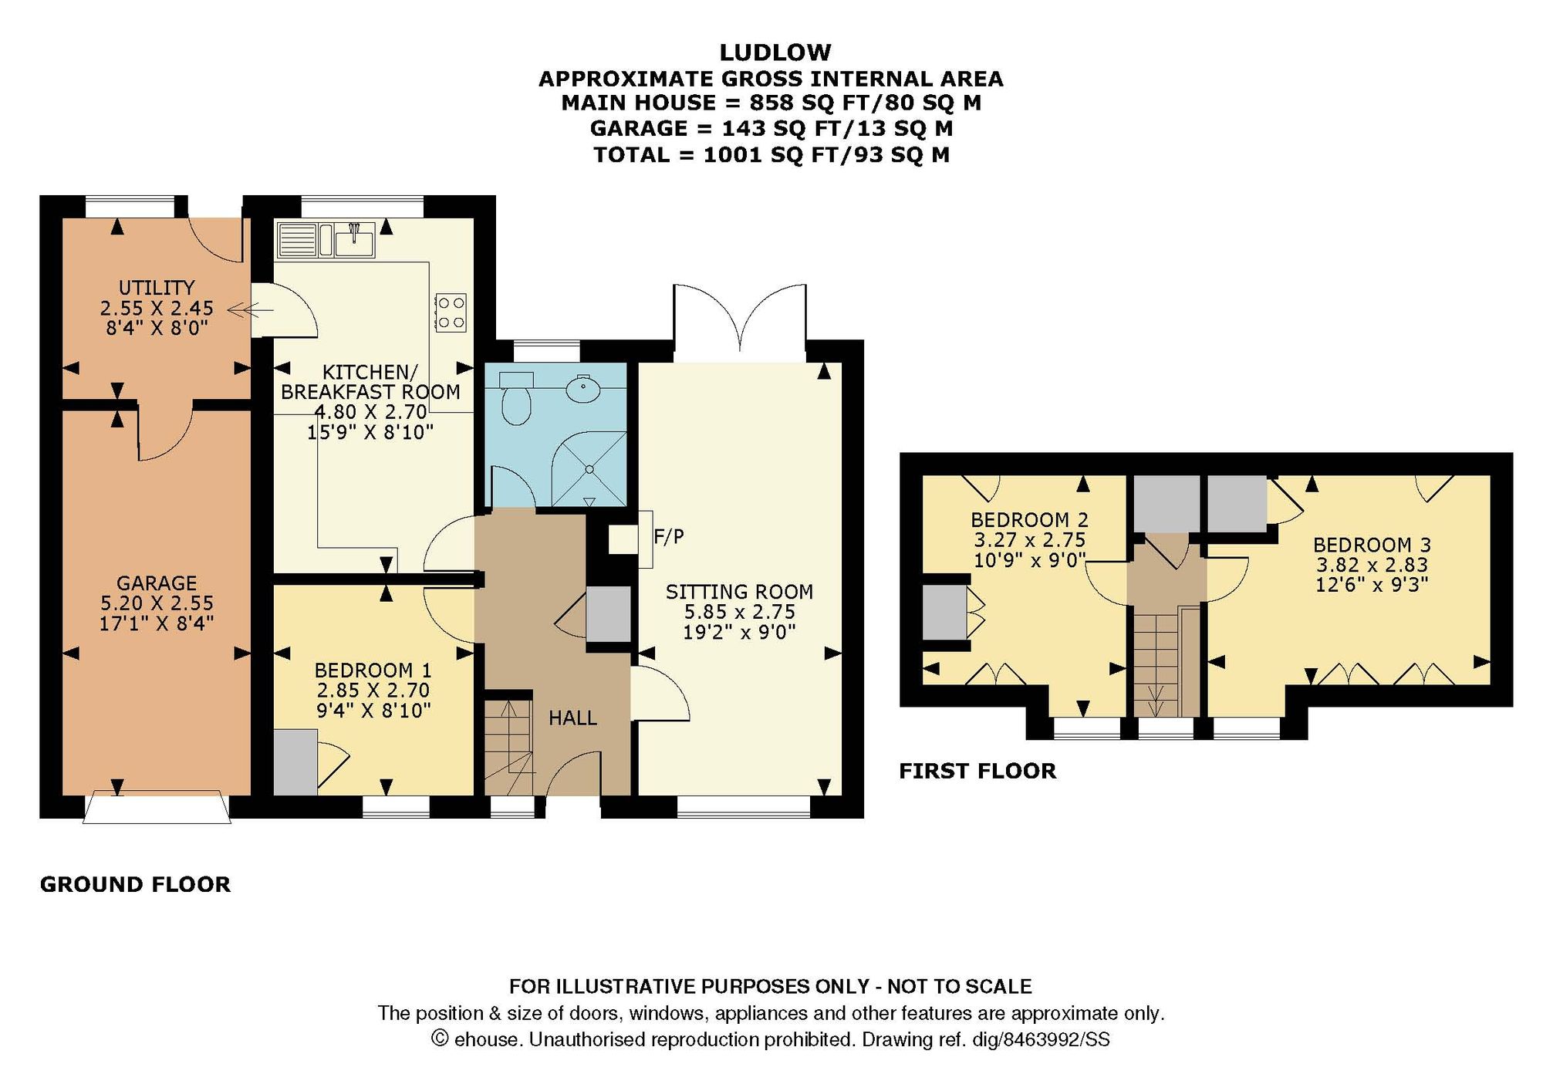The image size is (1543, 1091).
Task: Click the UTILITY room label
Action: click(157, 288)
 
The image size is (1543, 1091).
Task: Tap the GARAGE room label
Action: click(157, 583)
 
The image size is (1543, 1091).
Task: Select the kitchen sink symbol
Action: click(354, 240)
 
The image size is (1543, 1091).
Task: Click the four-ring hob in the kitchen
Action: click(451, 312)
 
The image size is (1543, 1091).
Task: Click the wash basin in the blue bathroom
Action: click(584, 389)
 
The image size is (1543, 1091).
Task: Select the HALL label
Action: click(572, 718)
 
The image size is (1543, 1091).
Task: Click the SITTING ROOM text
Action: click(739, 592)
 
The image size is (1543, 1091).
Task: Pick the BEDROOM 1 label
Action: click(373, 670)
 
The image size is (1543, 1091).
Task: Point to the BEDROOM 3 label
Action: click(1372, 545)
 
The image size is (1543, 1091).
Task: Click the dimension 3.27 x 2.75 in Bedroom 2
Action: click(1029, 540)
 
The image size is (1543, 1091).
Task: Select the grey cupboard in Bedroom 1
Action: click(295, 762)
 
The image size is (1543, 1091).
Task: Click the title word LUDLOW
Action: click(775, 52)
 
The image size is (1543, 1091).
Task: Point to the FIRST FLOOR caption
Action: click(977, 771)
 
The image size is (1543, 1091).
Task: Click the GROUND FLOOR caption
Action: click(135, 884)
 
